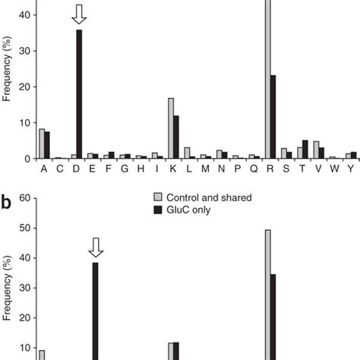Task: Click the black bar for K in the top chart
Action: [177, 137]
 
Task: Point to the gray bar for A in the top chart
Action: [42, 144]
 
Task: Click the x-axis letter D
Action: [77, 169]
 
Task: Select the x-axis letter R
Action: [270, 169]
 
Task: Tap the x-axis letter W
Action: [333, 169]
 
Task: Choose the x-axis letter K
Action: [174, 169]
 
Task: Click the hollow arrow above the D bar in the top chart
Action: [79, 13]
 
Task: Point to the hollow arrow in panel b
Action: [96, 247]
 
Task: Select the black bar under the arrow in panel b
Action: [96, 311]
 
